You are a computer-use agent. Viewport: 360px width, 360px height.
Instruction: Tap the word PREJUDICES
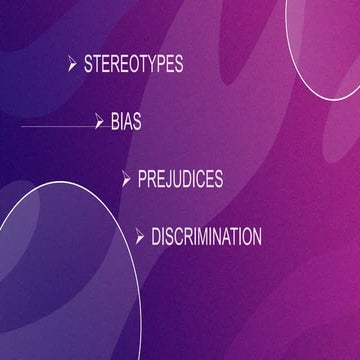[x=180, y=179]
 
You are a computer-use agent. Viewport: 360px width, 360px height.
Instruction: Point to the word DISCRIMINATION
[x=206, y=237]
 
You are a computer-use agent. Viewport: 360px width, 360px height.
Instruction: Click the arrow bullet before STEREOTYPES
[x=72, y=65]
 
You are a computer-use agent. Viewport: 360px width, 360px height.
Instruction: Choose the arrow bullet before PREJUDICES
[x=126, y=179]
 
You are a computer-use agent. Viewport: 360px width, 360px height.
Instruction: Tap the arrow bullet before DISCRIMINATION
[x=140, y=237]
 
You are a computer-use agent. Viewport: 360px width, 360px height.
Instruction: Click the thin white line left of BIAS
[x=55, y=127]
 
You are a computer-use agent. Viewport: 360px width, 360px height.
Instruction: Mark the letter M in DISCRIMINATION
[x=214, y=237]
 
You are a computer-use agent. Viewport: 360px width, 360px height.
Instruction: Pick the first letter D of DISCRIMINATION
[x=156, y=237]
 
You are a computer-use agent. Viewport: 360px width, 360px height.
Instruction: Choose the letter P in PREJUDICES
[x=142, y=179]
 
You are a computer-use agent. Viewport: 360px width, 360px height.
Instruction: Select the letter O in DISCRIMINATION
[x=245, y=237]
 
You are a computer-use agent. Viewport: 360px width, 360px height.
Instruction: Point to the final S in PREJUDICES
[x=218, y=179]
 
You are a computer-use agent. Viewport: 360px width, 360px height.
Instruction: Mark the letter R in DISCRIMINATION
[x=192, y=237]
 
